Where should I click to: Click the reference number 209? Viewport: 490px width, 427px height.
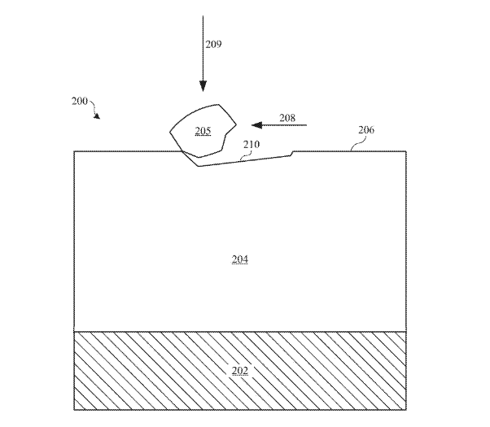tap(213, 45)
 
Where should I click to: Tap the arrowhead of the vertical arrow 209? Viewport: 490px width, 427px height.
tap(203, 86)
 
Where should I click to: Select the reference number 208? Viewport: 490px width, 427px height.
tap(287, 118)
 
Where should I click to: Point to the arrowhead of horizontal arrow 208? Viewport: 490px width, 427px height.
tap(256, 125)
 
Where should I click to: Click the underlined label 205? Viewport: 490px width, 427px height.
tap(203, 131)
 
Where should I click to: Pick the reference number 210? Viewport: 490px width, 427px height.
tap(252, 144)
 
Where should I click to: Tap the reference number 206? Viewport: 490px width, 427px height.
tap(366, 129)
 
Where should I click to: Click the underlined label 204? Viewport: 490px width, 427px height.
tap(240, 259)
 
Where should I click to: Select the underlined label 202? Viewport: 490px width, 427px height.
tap(240, 370)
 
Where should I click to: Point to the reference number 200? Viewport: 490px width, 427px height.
tap(80, 101)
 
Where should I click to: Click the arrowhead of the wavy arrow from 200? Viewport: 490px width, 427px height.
tap(98, 116)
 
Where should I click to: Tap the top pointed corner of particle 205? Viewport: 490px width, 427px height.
tap(218, 105)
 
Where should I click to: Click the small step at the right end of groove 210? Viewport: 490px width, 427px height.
tap(292, 153)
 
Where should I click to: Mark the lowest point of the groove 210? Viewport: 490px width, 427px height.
tap(199, 166)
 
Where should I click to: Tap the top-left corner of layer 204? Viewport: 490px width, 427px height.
tap(74, 151)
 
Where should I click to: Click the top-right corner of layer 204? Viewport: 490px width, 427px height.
tap(406, 151)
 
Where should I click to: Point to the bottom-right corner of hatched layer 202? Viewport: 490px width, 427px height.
tap(406, 409)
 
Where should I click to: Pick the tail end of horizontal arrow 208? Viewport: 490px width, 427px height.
tap(307, 125)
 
